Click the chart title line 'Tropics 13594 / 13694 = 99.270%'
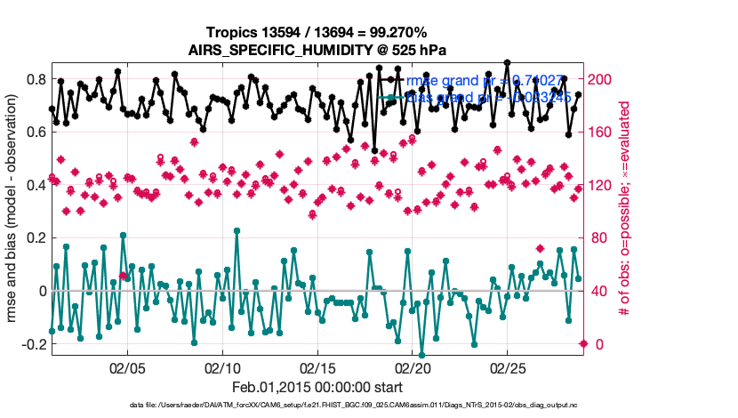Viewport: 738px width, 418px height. coord(316,32)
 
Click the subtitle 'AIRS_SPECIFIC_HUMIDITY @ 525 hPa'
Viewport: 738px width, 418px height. coord(316,50)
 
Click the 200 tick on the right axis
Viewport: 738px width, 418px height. coord(601,79)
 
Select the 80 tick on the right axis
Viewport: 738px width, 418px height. coord(598,238)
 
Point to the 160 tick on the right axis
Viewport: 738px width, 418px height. coord(601,133)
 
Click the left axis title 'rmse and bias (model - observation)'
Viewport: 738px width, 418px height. coord(13,212)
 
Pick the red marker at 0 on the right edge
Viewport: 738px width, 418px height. coord(583,343)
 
